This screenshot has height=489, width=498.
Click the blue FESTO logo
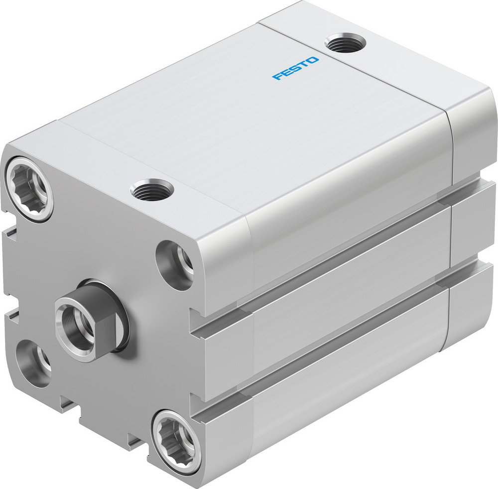[295, 69]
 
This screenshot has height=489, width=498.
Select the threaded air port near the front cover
[152, 190]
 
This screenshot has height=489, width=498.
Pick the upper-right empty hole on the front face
[175, 264]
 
